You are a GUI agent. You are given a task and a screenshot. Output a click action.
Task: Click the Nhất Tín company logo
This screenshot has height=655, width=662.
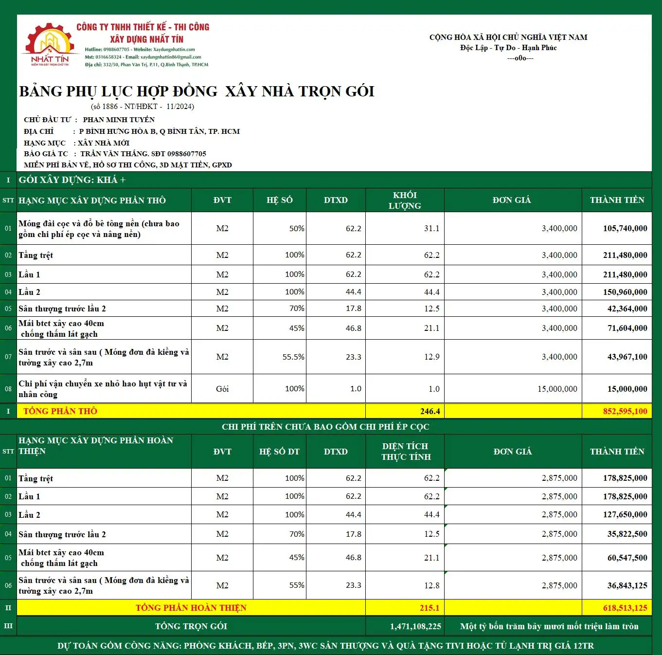(x=50, y=45)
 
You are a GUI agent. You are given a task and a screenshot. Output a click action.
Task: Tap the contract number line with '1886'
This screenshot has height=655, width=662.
(x=143, y=107)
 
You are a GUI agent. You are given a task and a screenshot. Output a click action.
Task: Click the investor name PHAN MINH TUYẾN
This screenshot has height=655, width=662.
(x=119, y=120)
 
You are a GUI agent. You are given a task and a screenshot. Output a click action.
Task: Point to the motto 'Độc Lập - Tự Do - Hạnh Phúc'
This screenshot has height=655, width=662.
(x=508, y=48)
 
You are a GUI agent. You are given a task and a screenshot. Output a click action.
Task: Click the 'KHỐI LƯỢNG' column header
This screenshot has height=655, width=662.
(x=405, y=200)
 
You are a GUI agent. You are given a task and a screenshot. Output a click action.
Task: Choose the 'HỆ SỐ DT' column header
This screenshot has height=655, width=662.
(x=279, y=452)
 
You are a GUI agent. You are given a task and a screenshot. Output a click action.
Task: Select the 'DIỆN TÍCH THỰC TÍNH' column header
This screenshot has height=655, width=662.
(x=405, y=452)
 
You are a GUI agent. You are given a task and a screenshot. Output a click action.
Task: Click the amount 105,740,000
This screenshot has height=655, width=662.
(x=625, y=229)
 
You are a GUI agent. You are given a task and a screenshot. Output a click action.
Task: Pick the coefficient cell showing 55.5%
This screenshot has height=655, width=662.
(x=293, y=357)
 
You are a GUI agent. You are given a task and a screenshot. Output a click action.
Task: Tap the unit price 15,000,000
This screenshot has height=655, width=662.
(x=557, y=389)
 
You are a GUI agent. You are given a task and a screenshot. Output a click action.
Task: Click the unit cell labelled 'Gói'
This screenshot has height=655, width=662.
(x=222, y=389)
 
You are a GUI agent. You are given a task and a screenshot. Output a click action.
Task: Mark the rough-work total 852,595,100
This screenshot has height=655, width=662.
(x=625, y=412)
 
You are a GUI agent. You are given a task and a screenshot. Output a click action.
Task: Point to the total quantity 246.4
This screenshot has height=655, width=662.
(x=430, y=412)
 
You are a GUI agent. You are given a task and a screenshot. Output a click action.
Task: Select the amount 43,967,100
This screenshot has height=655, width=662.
(x=627, y=357)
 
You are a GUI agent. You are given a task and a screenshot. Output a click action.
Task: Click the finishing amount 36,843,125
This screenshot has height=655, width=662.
(x=627, y=586)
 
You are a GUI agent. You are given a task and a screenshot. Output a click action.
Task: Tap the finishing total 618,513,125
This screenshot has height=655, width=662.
(x=625, y=608)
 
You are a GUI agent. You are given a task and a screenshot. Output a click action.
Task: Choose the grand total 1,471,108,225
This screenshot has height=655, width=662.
(x=415, y=627)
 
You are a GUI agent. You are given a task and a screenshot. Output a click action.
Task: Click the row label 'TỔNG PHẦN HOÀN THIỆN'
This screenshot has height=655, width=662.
(x=191, y=608)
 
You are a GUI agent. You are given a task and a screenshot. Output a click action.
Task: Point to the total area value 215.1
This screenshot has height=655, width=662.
(x=429, y=608)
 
